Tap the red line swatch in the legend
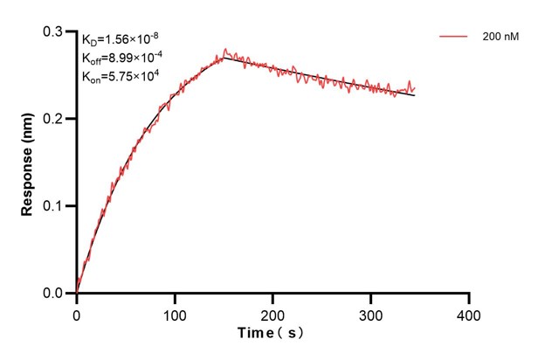[x=455, y=38]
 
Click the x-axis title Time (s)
[x=272, y=334]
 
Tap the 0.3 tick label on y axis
[x=55, y=31]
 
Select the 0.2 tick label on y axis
[x=55, y=119]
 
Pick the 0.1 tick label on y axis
[x=55, y=206]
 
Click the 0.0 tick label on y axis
[x=55, y=294]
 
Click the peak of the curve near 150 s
[x=224, y=52]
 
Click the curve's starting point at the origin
[x=77, y=293]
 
